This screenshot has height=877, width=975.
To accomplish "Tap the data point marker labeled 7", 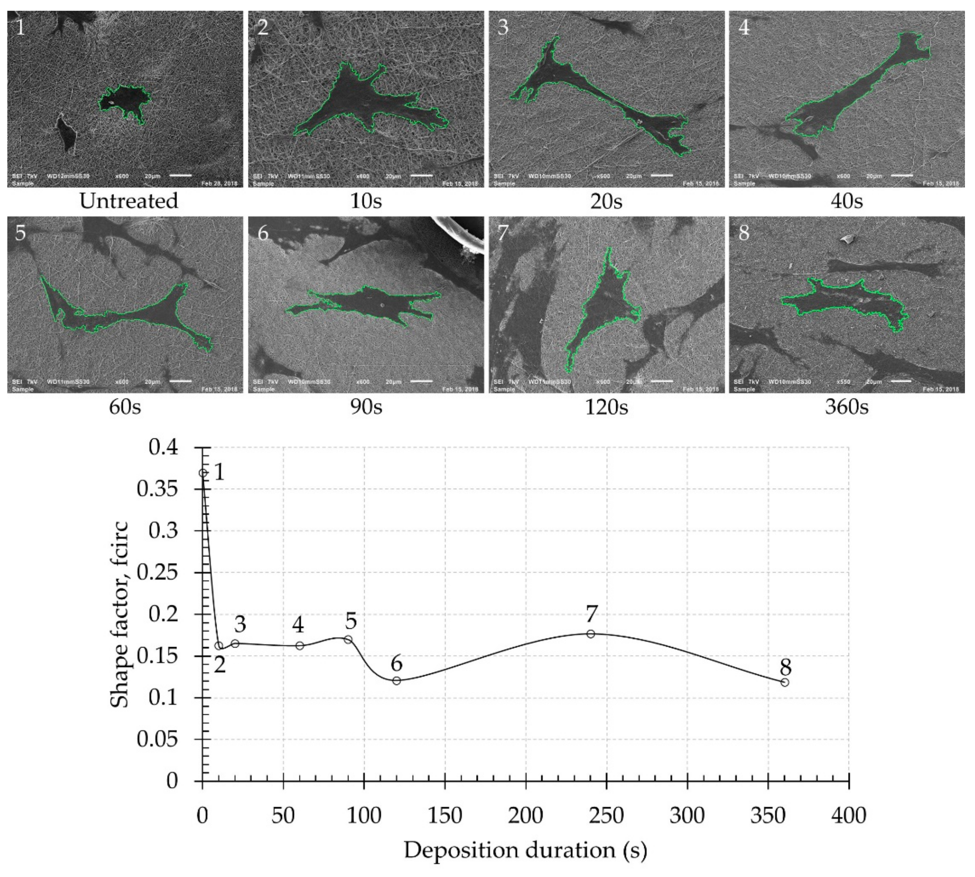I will pyautogui.click(x=591, y=634).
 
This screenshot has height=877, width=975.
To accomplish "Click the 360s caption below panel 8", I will pyautogui.click(x=846, y=407).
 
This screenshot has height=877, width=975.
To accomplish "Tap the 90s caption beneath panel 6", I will pyautogui.click(x=366, y=407).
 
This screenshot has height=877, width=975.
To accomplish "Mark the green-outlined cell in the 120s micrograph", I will pyautogui.click(x=602, y=313).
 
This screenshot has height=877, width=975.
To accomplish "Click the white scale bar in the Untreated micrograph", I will pyautogui.click(x=181, y=175).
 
